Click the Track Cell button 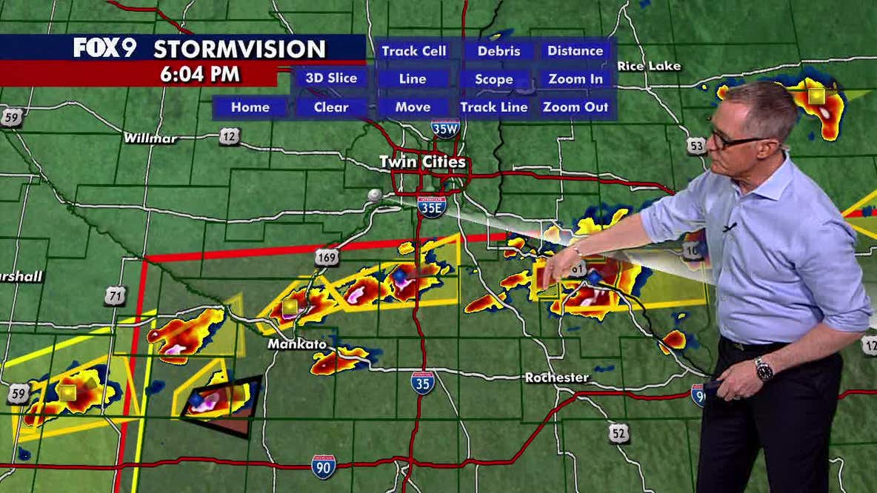tap(413, 51)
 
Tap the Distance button tap(575, 51)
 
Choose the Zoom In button tap(575, 78)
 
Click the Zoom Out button tap(575, 107)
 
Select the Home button tap(250, 107)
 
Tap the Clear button tap(331, 107)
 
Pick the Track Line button tap(494, 107)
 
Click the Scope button tap(494, 78)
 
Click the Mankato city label tap(297, 344)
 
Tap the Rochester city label tap(557, 378)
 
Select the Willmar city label tap(150, 138)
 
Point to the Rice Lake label tap(649, 66)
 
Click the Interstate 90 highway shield tap(323, 466)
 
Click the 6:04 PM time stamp tap(200, 73)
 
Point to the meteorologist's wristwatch tap(764, 368)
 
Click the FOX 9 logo tap(105, 48)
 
